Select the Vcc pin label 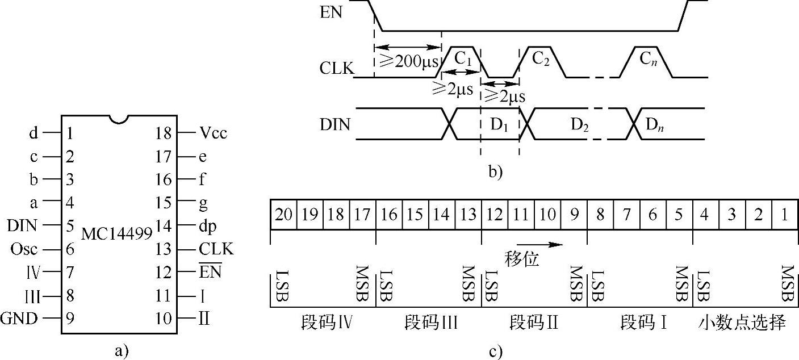pos(213,134)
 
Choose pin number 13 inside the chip pos(163,249)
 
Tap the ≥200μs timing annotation pos(408,61)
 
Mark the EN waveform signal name pos(332,12)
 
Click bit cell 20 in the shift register pos(283,215)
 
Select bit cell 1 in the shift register pos(785,215)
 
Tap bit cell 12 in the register pos(494,215)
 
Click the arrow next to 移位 pos(547,245)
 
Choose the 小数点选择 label pos(742,324)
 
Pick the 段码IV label pos(327,324)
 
